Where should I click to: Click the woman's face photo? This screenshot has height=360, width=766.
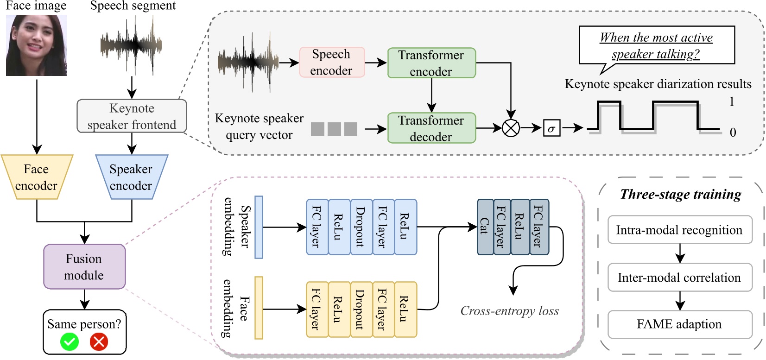36,45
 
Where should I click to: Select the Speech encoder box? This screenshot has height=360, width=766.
331,62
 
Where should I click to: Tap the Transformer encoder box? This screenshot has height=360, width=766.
431,63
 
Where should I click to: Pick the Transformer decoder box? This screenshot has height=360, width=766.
431,128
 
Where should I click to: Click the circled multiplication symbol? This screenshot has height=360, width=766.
511,128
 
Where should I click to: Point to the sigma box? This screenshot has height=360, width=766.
551,128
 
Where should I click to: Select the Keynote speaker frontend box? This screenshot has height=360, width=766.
132,116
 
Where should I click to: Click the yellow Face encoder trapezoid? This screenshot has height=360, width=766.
36,177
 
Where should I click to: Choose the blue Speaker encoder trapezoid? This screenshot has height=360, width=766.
131,177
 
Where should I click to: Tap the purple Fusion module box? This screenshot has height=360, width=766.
84,267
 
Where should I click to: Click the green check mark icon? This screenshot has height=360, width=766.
70,342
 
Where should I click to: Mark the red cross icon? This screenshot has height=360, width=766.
99,342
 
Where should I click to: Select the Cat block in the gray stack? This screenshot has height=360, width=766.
485,227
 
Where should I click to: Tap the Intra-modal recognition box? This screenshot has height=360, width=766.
679,230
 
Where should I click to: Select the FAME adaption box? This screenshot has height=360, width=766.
679,324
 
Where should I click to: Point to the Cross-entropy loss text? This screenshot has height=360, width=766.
509,311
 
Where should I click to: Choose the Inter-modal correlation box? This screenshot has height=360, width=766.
679,278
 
